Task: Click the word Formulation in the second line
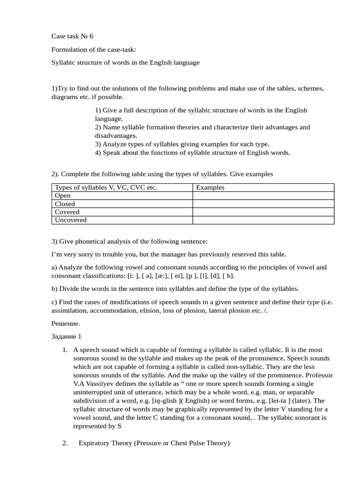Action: click(x=69, y=49)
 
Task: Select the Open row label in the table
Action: click(x=62, y=195)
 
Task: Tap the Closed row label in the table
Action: click(x=65, y=204)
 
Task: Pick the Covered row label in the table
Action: click(x=67, y=212)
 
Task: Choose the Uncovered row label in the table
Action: click(x=71, y=220)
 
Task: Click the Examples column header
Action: click(x=210, y=187)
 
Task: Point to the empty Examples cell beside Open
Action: click(x=263, y=195)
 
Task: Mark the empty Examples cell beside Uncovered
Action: click(x=263, y=220)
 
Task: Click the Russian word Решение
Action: click(x=66, y=323)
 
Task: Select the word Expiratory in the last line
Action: click(x=96, y=442)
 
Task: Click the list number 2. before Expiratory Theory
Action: click(x=65, y=442)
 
